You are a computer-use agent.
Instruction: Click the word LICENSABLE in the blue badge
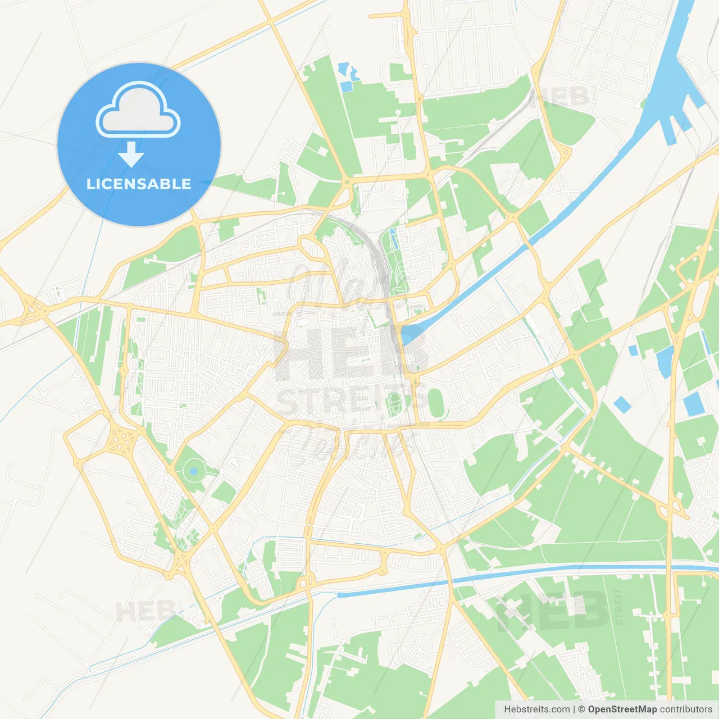click(139, 184)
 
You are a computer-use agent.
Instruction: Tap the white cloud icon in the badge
click(138, 110)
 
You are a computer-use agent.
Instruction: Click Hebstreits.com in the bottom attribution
click(536, 709)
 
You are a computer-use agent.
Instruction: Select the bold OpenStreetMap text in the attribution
click(622, 709)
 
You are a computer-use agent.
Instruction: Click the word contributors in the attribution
click(686, 709)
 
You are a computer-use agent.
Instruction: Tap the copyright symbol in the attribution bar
click(581, 709)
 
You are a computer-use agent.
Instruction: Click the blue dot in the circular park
click(194, 471)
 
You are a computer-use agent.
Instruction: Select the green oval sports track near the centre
click(436, 403)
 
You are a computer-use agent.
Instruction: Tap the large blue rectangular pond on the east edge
click(693, 404)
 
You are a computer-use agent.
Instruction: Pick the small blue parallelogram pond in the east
click(622, 404)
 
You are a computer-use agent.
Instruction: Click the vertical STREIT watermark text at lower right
click(618, 607)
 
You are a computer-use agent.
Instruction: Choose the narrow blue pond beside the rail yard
click(394, 239)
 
